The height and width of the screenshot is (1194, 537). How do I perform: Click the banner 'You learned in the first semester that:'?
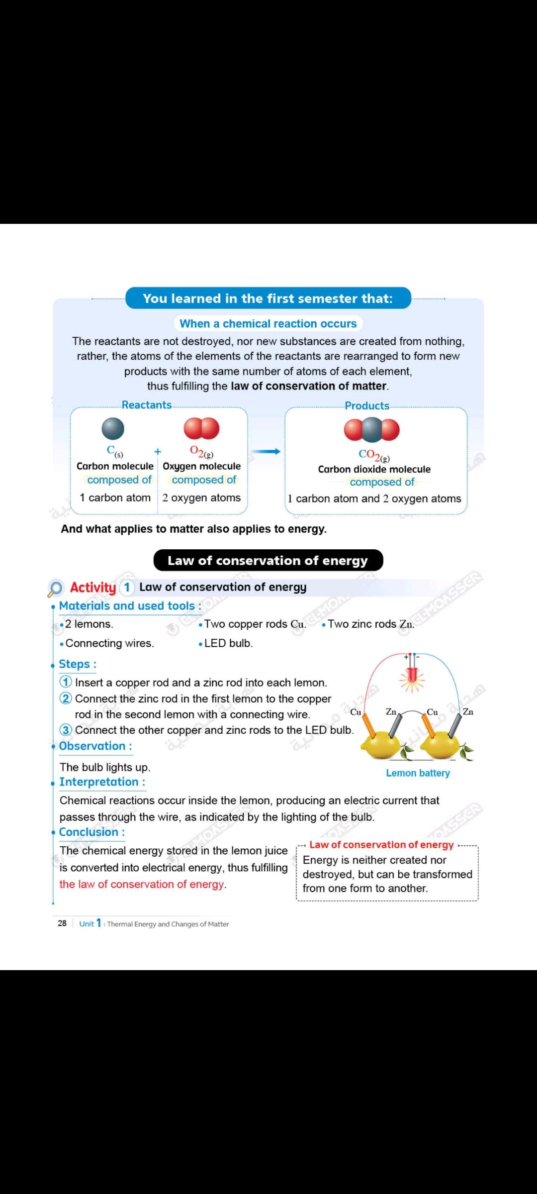pyautogui.click(x=268, y=298)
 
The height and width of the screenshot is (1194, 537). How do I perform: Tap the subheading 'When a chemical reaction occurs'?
pyautogui.click(x=268, y=323)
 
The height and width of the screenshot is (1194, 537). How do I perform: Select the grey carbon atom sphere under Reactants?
pyautogui.click(x=113, y=428)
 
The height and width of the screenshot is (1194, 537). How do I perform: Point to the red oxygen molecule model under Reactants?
pyautogui.click(x=201, y=428)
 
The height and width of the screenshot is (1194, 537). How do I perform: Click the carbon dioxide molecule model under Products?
pyautogui.click(x=372, y=430)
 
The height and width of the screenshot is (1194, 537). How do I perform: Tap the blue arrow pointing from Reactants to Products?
pyautogui.click(x=266, y=452)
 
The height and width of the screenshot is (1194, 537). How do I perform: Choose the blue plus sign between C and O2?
pyautogui.click(x=158, y=452)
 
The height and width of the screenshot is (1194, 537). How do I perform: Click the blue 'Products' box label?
pyautogui.click(x=367, y=405)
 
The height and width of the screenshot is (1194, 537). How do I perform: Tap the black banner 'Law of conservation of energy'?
pyautogui.click(x=268, y=560)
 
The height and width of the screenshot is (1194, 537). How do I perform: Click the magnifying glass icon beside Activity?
pyautogui.click(x=55, y=589)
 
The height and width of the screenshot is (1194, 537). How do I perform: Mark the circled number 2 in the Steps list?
pyautogui.click(x=66, y=698)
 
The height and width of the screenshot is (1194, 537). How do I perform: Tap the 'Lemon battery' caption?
pyautogui.click(x=418, y=773)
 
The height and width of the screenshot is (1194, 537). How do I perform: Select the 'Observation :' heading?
pyautogui.click(x=95, y=746)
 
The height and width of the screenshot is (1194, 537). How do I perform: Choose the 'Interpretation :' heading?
pyautogui.click(x=102, y=782)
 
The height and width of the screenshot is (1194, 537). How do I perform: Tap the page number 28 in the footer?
pyautogui.click(x=62, y=923)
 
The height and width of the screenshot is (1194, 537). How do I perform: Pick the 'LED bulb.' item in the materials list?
pyautogui.click(x=228, y=643)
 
